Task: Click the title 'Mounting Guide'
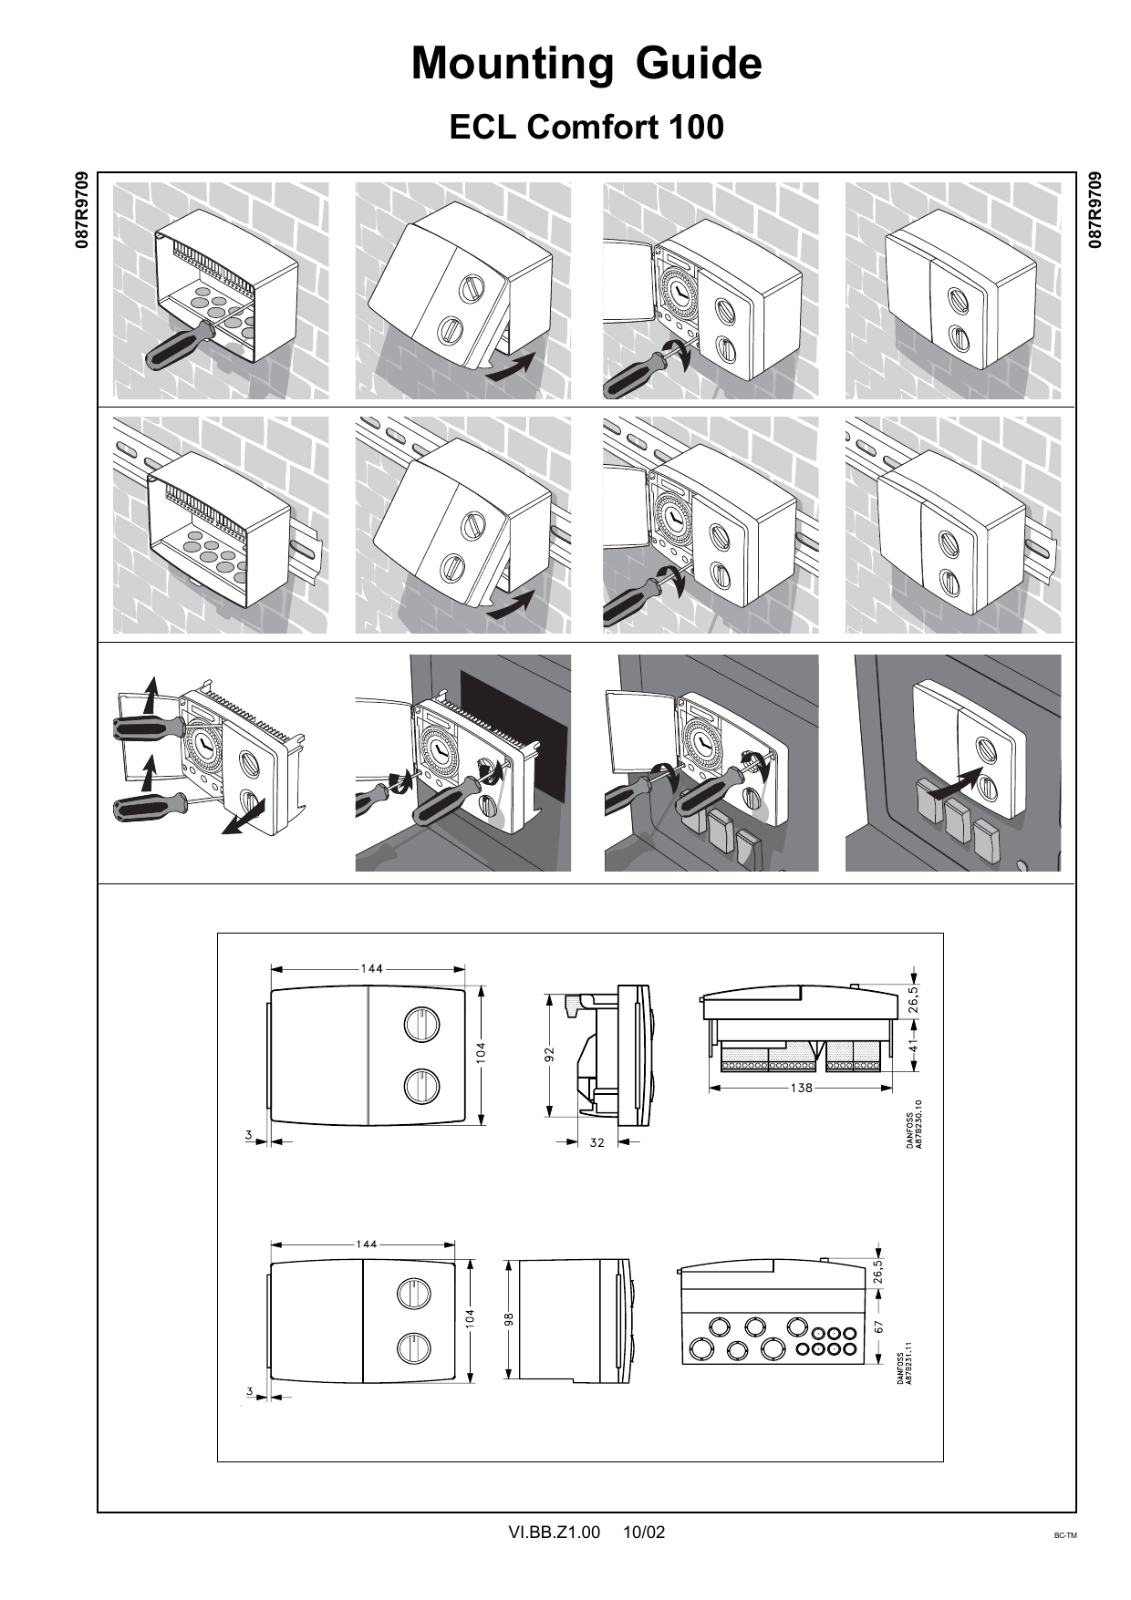click(x=586, y=65)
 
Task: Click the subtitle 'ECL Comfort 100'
click(x=586, y=128)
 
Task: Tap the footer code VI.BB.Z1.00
click(x=554, y=1533)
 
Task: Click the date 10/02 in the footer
click(x=644, y=1533)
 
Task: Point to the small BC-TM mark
click(x=1064, y=1536)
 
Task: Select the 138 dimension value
click(x=801, y=1089)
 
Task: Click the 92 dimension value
click(x=549, y=1055)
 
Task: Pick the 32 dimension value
click(x=597, y=1141)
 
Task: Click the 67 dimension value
click(x=879, y=1328)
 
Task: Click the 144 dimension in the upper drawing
click(x=370, y=968)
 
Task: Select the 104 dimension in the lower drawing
click(x=469, y=1317)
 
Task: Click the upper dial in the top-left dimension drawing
click(x=422, y=1024)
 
